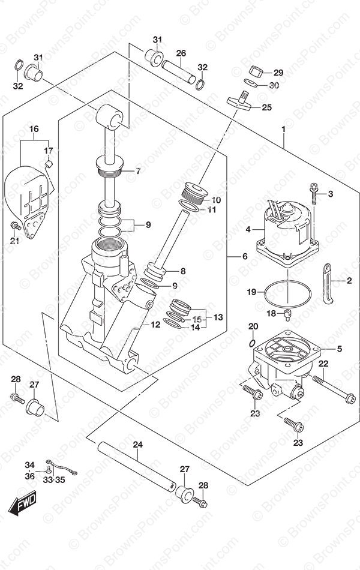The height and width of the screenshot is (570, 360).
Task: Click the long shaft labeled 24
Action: coord(136,466)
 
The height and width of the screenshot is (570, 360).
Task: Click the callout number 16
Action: coord(34,128)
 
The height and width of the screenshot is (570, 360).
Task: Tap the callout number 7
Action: coord(138,171)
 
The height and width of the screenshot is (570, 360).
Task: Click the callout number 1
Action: coord(283,128)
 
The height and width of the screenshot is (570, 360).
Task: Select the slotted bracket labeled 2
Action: coord(328,283)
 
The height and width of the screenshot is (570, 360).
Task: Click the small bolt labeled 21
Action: coord(15,226)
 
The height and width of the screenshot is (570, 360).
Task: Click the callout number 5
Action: coord(339,349)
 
